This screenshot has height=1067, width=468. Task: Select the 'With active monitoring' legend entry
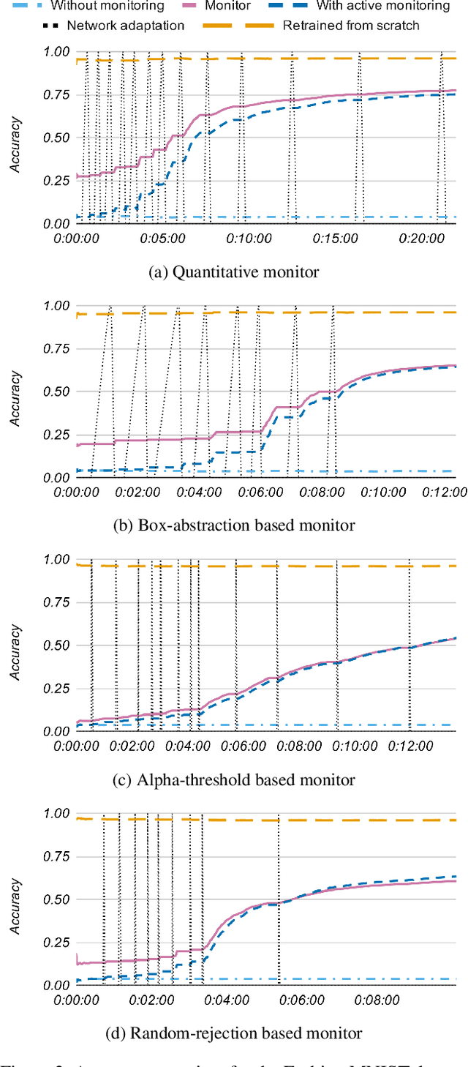(382, 6)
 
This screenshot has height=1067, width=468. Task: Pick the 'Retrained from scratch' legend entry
(351, 26)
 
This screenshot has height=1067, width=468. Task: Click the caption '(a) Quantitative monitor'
(233, 272)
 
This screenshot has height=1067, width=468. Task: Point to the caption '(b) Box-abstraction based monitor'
(233, 525)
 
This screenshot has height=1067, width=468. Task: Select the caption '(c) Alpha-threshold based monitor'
(233, 780)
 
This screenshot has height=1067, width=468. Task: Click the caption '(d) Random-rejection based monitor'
(233, 1033)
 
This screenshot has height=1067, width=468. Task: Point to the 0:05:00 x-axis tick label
(162, 239)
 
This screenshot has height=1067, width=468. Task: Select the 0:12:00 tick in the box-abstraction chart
(442, 493)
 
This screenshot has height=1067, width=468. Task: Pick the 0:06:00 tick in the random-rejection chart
(301, 1000)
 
